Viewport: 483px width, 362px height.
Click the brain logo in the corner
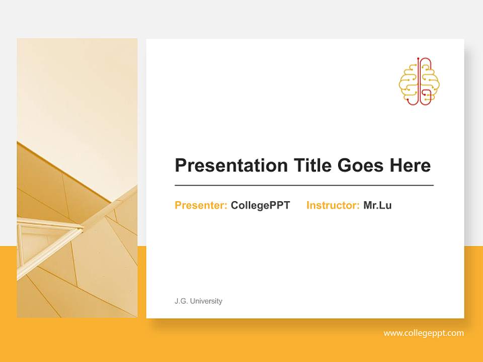(419, 81)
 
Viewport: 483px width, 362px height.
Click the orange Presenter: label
(201, 205)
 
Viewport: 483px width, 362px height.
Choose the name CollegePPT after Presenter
(260, 205)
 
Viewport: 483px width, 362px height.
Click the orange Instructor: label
(333, 205)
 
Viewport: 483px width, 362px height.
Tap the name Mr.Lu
(377, 205)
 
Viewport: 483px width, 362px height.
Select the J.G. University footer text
(198, 301)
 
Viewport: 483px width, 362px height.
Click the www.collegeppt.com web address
(424, 333)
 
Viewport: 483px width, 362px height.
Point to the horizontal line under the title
(304, 186)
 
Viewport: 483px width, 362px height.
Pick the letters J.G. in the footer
(181, 301)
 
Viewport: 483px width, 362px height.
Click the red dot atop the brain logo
(418, 58)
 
